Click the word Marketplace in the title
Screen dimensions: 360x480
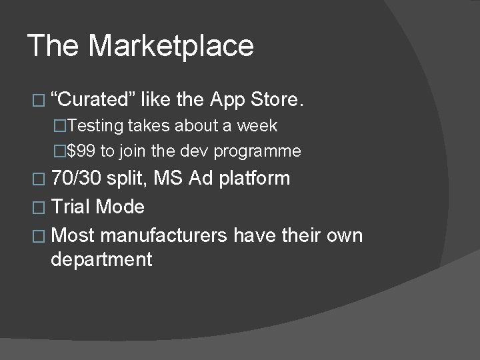coord(171,46)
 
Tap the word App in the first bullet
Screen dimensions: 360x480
coord(227,100)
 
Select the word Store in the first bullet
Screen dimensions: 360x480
coord(277,100)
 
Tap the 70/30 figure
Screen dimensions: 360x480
coord(77,178)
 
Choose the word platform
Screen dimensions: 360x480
coord(255,179)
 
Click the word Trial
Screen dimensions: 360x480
coord(71,207)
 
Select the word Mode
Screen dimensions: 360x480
coord(120,207)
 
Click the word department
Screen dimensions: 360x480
coord(101,259)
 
